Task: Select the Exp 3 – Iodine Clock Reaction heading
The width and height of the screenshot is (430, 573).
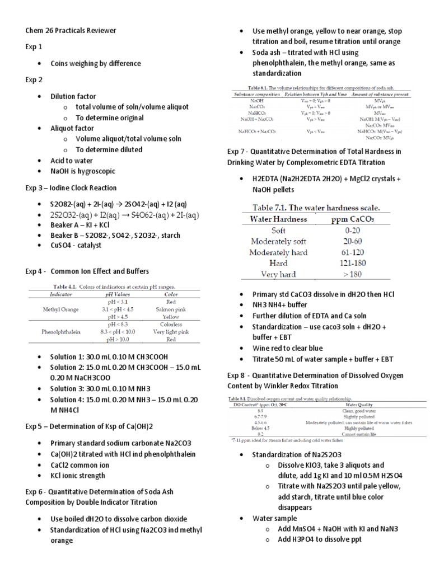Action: coord(71,187)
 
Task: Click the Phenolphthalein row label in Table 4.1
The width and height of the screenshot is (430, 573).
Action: coord(62,331)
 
